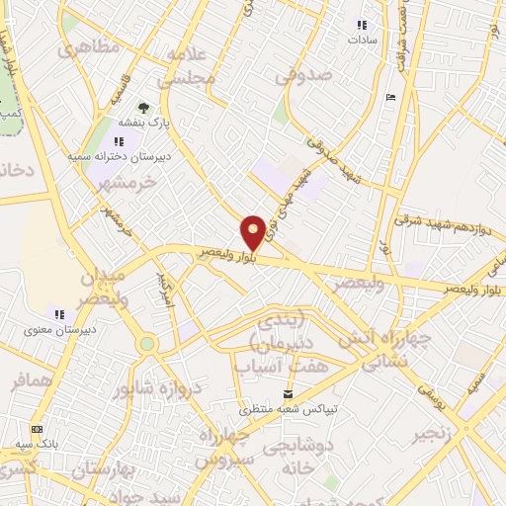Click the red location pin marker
click(254, 231)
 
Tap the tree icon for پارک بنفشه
click(145, 108)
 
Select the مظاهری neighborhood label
click(89, 47)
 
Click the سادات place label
click(363, 42)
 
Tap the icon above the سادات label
click(362, 25)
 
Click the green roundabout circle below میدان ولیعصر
click(147, 344)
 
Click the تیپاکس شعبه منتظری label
click(289, 408)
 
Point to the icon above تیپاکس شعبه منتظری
click(289, 392)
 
